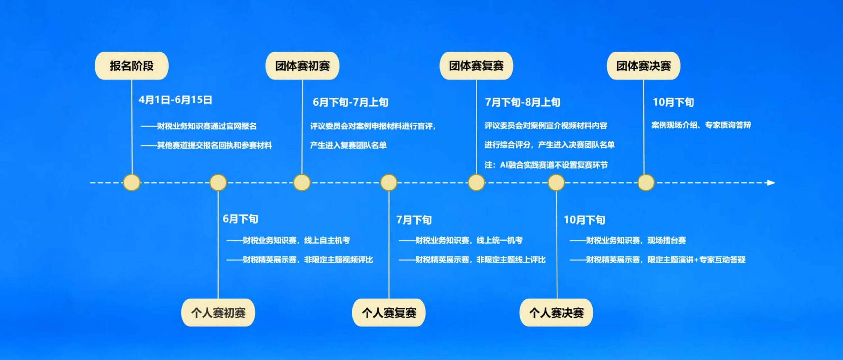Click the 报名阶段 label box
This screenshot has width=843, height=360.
coord(132,66)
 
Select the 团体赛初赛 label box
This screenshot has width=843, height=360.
coord(302,66)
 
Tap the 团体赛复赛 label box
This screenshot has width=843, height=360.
coord(476,66)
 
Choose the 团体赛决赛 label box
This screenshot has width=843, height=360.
coord(643,66)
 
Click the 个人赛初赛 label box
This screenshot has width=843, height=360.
coord(218,313)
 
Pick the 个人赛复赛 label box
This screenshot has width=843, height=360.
coord(389,313)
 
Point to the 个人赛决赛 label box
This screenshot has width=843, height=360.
coord(556,313)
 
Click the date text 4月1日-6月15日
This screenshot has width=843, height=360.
coord(175,100)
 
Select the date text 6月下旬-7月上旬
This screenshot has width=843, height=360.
coord(350,102)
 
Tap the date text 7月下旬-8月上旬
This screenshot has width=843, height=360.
coord(523,102)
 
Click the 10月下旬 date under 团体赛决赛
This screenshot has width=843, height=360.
coord(673,102)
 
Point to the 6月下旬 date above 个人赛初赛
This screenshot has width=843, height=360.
coord(240,219)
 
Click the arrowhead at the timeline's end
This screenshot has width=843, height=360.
coord(771,183)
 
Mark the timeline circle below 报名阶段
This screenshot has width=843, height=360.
coord(132,183)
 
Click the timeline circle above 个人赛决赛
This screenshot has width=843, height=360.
coord(556,183)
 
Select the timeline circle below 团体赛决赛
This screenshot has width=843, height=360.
coord(646,183)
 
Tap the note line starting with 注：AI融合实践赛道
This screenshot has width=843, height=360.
coord(546,165)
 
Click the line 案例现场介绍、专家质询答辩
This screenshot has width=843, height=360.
coord(701,125)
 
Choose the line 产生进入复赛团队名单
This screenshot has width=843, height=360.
coord(348,145)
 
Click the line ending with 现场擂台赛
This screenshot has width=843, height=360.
coord(628,241)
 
